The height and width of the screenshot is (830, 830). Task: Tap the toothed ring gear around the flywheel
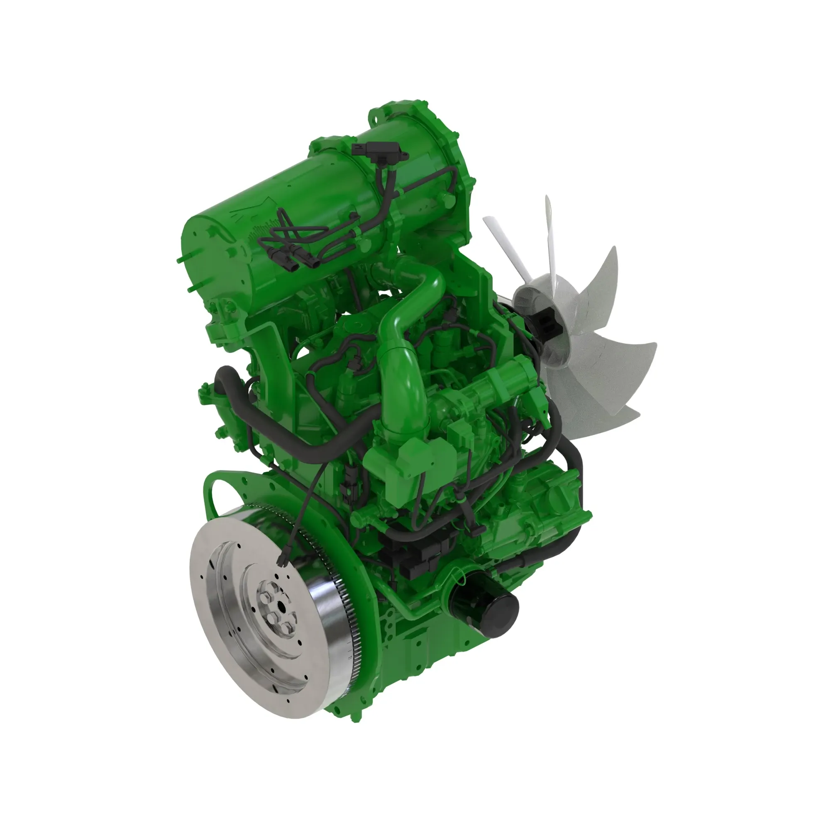click(x=344, y=601)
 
